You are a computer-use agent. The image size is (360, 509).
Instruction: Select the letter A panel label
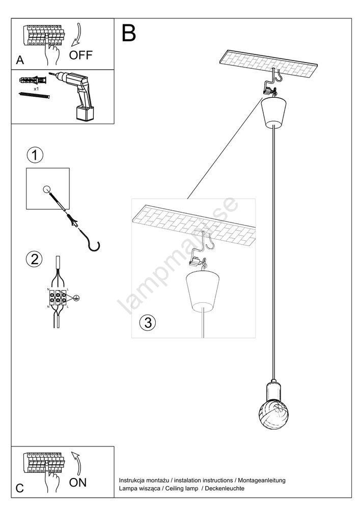pos(20,60)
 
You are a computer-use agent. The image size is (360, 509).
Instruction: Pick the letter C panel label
pos(19,489)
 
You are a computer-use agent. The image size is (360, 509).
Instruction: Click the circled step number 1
pos(35,155)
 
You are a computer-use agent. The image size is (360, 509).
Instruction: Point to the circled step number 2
pos(34,259)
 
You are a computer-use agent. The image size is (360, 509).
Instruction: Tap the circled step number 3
pos(147,322)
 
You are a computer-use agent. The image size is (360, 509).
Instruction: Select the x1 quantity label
pos(37,89)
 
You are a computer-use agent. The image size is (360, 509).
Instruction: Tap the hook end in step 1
pos(94,246)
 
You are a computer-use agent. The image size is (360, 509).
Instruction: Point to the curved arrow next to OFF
pos(78,35)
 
